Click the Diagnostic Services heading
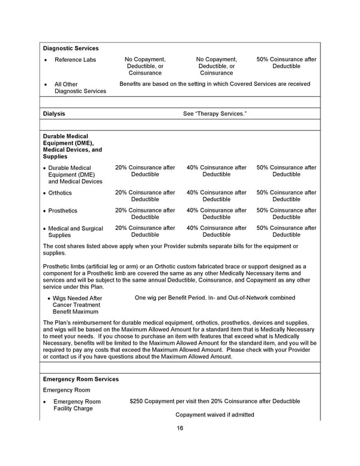[71, 48]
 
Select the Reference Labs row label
[75, 59]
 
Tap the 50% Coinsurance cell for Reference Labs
[286, 63]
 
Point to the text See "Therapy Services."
[214, 113]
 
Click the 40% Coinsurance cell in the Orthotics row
[216, 196]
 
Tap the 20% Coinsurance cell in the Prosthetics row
[145, 214]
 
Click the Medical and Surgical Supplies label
[75, 232]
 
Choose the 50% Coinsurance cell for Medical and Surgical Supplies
[286, 232]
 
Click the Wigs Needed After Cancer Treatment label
[77, 304]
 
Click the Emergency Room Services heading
[81, 380]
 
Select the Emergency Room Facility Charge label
[77, 405]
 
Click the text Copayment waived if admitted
[214, 415]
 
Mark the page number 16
[180, 428]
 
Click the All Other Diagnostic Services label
[80, 88]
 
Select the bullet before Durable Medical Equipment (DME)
[45, 168]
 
